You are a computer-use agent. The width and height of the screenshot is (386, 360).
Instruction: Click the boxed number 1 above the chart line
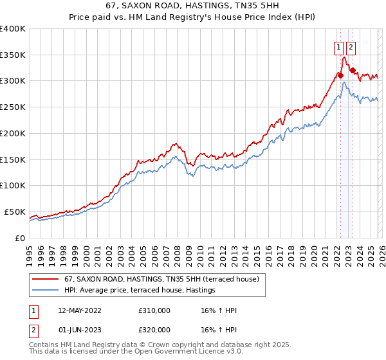click(x=338, y=46)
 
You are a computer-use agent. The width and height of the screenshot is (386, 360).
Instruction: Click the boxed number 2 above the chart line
click(x=351, y=46)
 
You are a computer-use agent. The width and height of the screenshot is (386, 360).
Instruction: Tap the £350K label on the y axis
click(x=13, y=55)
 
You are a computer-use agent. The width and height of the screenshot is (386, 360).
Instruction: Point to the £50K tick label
click(x=15, y=212)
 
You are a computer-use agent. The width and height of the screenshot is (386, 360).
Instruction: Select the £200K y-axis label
click(x=13, y=134)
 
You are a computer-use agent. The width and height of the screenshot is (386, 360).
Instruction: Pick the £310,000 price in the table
click(x=154, y=310)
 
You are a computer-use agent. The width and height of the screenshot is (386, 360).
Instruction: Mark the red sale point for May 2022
click(x=340, y=75)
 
